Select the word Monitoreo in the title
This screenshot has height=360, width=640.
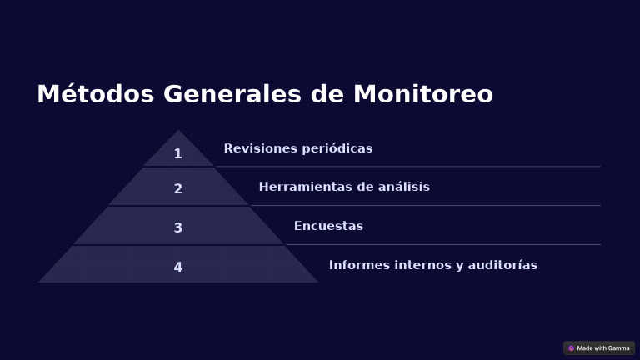(x=423, y=94)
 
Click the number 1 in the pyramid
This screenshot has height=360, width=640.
(x=177, y=153)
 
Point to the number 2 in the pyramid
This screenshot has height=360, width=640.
(x=177, y=189)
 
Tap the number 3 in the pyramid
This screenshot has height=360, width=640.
(x=177, y=227)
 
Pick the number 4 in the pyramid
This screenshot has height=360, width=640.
(x=177, y=267)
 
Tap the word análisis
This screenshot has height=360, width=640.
(x=403, y=187)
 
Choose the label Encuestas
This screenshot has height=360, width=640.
(x=328, y=226)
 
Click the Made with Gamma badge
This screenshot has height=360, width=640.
(x=599, y=347)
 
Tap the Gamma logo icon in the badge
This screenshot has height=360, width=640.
(x=572, y=348)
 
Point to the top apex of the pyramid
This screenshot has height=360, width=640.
(x=178, y=131)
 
